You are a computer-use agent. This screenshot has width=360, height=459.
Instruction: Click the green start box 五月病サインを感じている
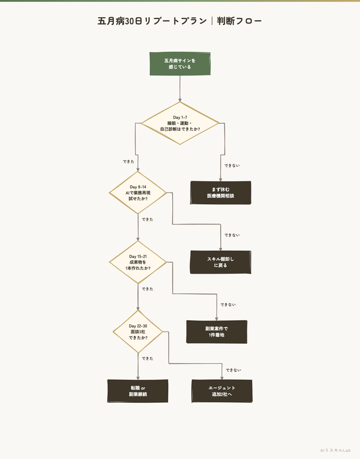pos(180,64)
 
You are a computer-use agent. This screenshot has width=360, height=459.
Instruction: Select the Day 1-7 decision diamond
pos(180,123)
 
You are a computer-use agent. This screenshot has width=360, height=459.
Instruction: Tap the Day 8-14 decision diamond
pos(138,193)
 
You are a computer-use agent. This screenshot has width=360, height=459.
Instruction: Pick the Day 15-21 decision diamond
pos(138,262)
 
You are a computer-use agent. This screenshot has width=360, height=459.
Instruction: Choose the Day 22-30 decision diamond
pos(138,332)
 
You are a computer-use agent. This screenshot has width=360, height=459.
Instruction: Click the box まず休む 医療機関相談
pos(220,193)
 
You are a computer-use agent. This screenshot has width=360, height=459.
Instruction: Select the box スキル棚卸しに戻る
pos(220,262)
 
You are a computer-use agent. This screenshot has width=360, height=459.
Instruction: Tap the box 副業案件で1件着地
pos(217,332)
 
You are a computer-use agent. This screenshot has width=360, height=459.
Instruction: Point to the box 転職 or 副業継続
pos(138,391)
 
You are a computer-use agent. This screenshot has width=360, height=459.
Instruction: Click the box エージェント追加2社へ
pos(222,391)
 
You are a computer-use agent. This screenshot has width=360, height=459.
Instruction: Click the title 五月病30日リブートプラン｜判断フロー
pos(180,21)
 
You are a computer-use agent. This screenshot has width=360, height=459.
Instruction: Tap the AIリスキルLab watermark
pos(335,450)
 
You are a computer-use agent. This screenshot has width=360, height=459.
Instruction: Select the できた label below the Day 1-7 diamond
pos(129,162)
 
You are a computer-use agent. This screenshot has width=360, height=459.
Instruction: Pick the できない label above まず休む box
pos(232,166)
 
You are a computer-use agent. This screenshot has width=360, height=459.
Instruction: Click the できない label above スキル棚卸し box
pos(232,235)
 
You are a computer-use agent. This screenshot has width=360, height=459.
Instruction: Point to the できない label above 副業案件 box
pos(228,305)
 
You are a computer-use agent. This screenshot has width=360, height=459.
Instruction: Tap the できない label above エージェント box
pos(234,370)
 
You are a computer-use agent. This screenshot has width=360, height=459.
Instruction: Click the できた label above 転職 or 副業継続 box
pos(148,359)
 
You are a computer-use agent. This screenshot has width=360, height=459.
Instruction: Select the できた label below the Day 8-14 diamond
pos(148,220)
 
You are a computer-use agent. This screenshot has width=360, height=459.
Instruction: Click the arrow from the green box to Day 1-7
pos(180,89)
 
